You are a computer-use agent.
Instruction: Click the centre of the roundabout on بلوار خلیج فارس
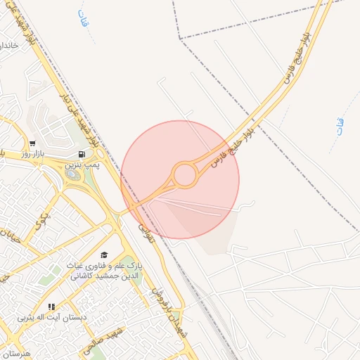click(184, 175)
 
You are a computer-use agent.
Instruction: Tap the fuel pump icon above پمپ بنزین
click(83, 155)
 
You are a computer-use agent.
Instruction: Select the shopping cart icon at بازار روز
click(32, 143)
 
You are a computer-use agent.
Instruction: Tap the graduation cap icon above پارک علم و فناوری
click(104, 255)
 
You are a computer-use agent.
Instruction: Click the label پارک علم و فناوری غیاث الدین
click(105, 267)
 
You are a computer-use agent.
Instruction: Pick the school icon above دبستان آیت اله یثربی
click(51, 307)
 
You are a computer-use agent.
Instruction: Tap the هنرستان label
click(15, 352)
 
